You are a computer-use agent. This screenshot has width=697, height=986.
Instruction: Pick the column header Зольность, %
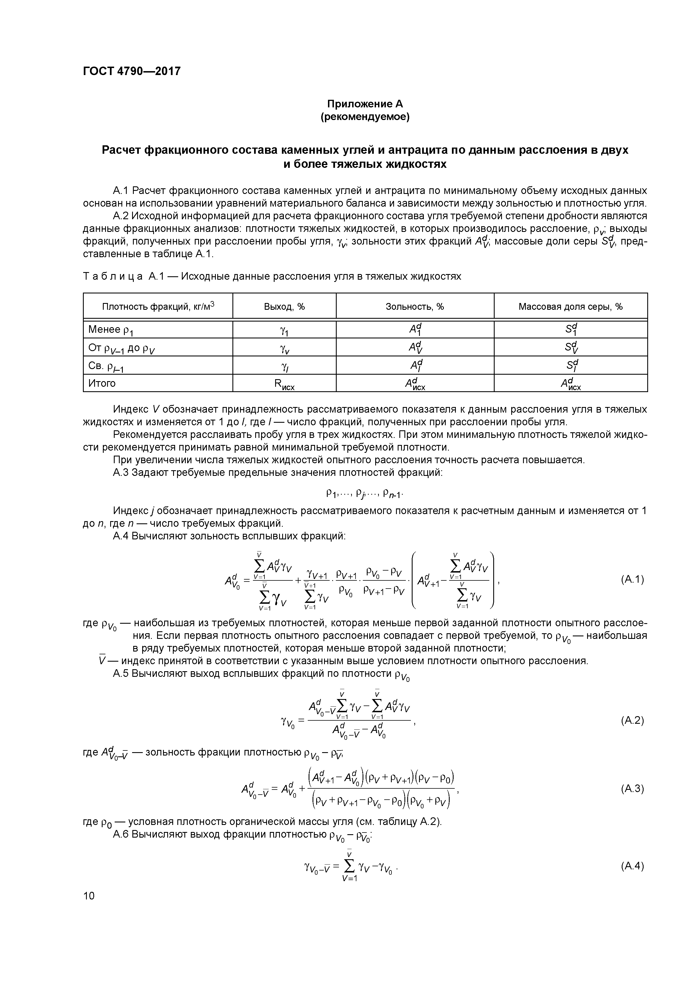[x=415, y=307]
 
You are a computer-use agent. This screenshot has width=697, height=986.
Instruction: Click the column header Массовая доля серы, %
[x=570, y=307]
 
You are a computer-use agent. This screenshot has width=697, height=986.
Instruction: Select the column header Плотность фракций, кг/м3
[x=158, y=307]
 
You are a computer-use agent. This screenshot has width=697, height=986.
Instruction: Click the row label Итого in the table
[x=102, y=383]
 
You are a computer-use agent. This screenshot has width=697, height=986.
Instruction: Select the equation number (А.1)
[x=632, y=580]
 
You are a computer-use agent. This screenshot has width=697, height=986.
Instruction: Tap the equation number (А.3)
[x=632, y=788]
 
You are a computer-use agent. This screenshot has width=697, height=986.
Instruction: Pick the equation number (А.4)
[x=632, y=866]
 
